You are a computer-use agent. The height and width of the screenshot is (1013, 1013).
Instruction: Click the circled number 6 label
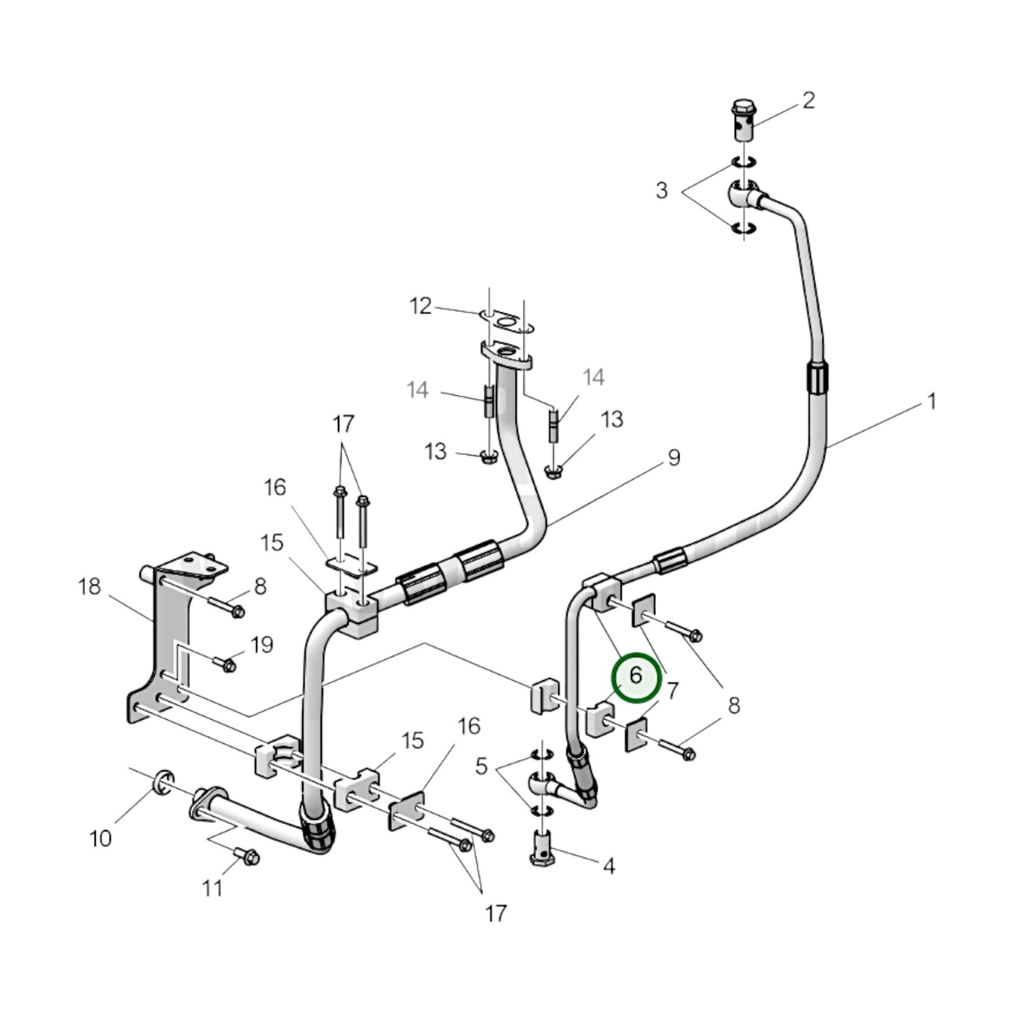pyautogui.click(x=636, y=677)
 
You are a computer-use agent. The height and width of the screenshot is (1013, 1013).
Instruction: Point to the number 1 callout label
pyautogui.click(x=932, y=402)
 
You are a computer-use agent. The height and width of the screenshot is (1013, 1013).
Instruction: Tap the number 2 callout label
pyautogui.click(x=808, y=100)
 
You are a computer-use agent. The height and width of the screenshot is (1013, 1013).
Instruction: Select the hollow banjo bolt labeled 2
pyautogui.click(x=743, y=121)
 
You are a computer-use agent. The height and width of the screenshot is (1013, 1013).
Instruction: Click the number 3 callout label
pyautogui.click(x=661, y=190)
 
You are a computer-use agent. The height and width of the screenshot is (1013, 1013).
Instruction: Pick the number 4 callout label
pyautogui.click(x=609, y=866)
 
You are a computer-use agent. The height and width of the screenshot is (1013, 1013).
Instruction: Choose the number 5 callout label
pyautogui.click(x=481, y=766)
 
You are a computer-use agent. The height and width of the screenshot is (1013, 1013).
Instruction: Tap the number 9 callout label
pyautogui.click(x=673, y=458)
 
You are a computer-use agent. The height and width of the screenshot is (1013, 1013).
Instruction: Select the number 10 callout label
pyautogui.click(x=100, y=838)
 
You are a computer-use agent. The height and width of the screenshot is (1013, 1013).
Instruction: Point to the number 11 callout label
pyautogui.click(x=212, y=888)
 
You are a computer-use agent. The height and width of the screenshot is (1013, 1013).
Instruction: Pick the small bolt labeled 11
pyautogui.click(x=247, y=856)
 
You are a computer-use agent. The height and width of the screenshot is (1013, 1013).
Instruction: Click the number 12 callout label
pyautogui.click(x=421, y=306)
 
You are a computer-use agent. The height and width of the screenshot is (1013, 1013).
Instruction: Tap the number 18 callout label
pyautogui.click(x=89, y=586)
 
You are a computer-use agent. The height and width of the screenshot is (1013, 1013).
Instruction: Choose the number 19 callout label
pyautogui.click(x=261, y=645)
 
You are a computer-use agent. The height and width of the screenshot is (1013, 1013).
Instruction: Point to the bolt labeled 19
pyautogui.click(x=226, y=662)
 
